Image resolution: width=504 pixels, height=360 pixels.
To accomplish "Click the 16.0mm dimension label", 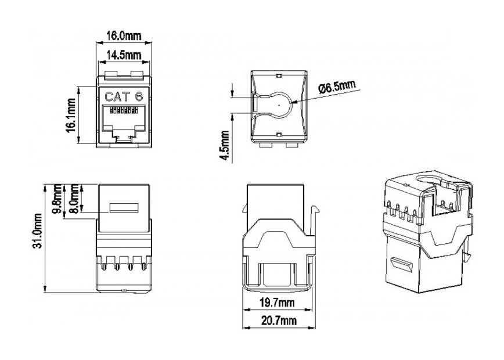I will coord(123,37).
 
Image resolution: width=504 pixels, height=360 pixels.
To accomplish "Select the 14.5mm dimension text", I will coord(123,55).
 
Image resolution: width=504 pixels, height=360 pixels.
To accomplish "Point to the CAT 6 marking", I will coord(123,96).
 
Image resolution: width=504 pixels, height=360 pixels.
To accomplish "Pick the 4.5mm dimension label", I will coord(227,147).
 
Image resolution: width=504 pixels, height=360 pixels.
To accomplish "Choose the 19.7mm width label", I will coord(278,303).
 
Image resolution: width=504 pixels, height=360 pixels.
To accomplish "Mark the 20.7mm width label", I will coord(278,321).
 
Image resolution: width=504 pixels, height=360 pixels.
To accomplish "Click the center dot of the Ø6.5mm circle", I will coord(279,105).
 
